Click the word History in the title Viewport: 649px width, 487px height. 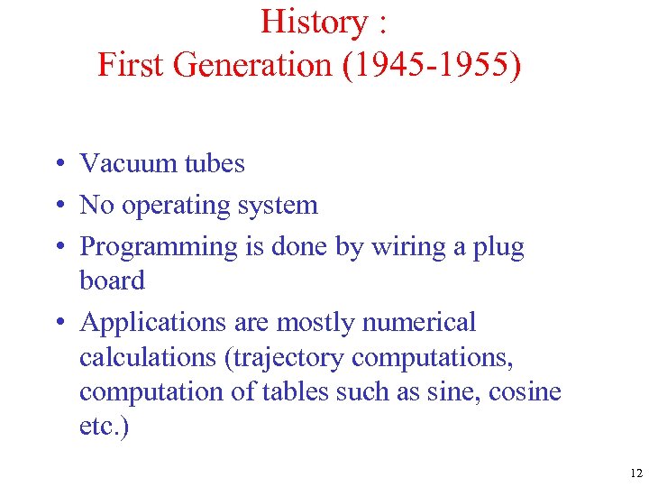pos(306,22)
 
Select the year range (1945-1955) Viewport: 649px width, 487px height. pos(431,65)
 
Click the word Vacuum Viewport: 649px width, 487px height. pos(127,163)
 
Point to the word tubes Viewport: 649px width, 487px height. pos(214,163)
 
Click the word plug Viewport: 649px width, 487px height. pos(498,247)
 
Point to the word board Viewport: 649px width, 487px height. pos(112,281)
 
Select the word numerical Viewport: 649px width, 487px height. pos(425,322)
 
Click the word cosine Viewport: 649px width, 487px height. pos(526,392)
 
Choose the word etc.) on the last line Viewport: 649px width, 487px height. pos(104,427)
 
